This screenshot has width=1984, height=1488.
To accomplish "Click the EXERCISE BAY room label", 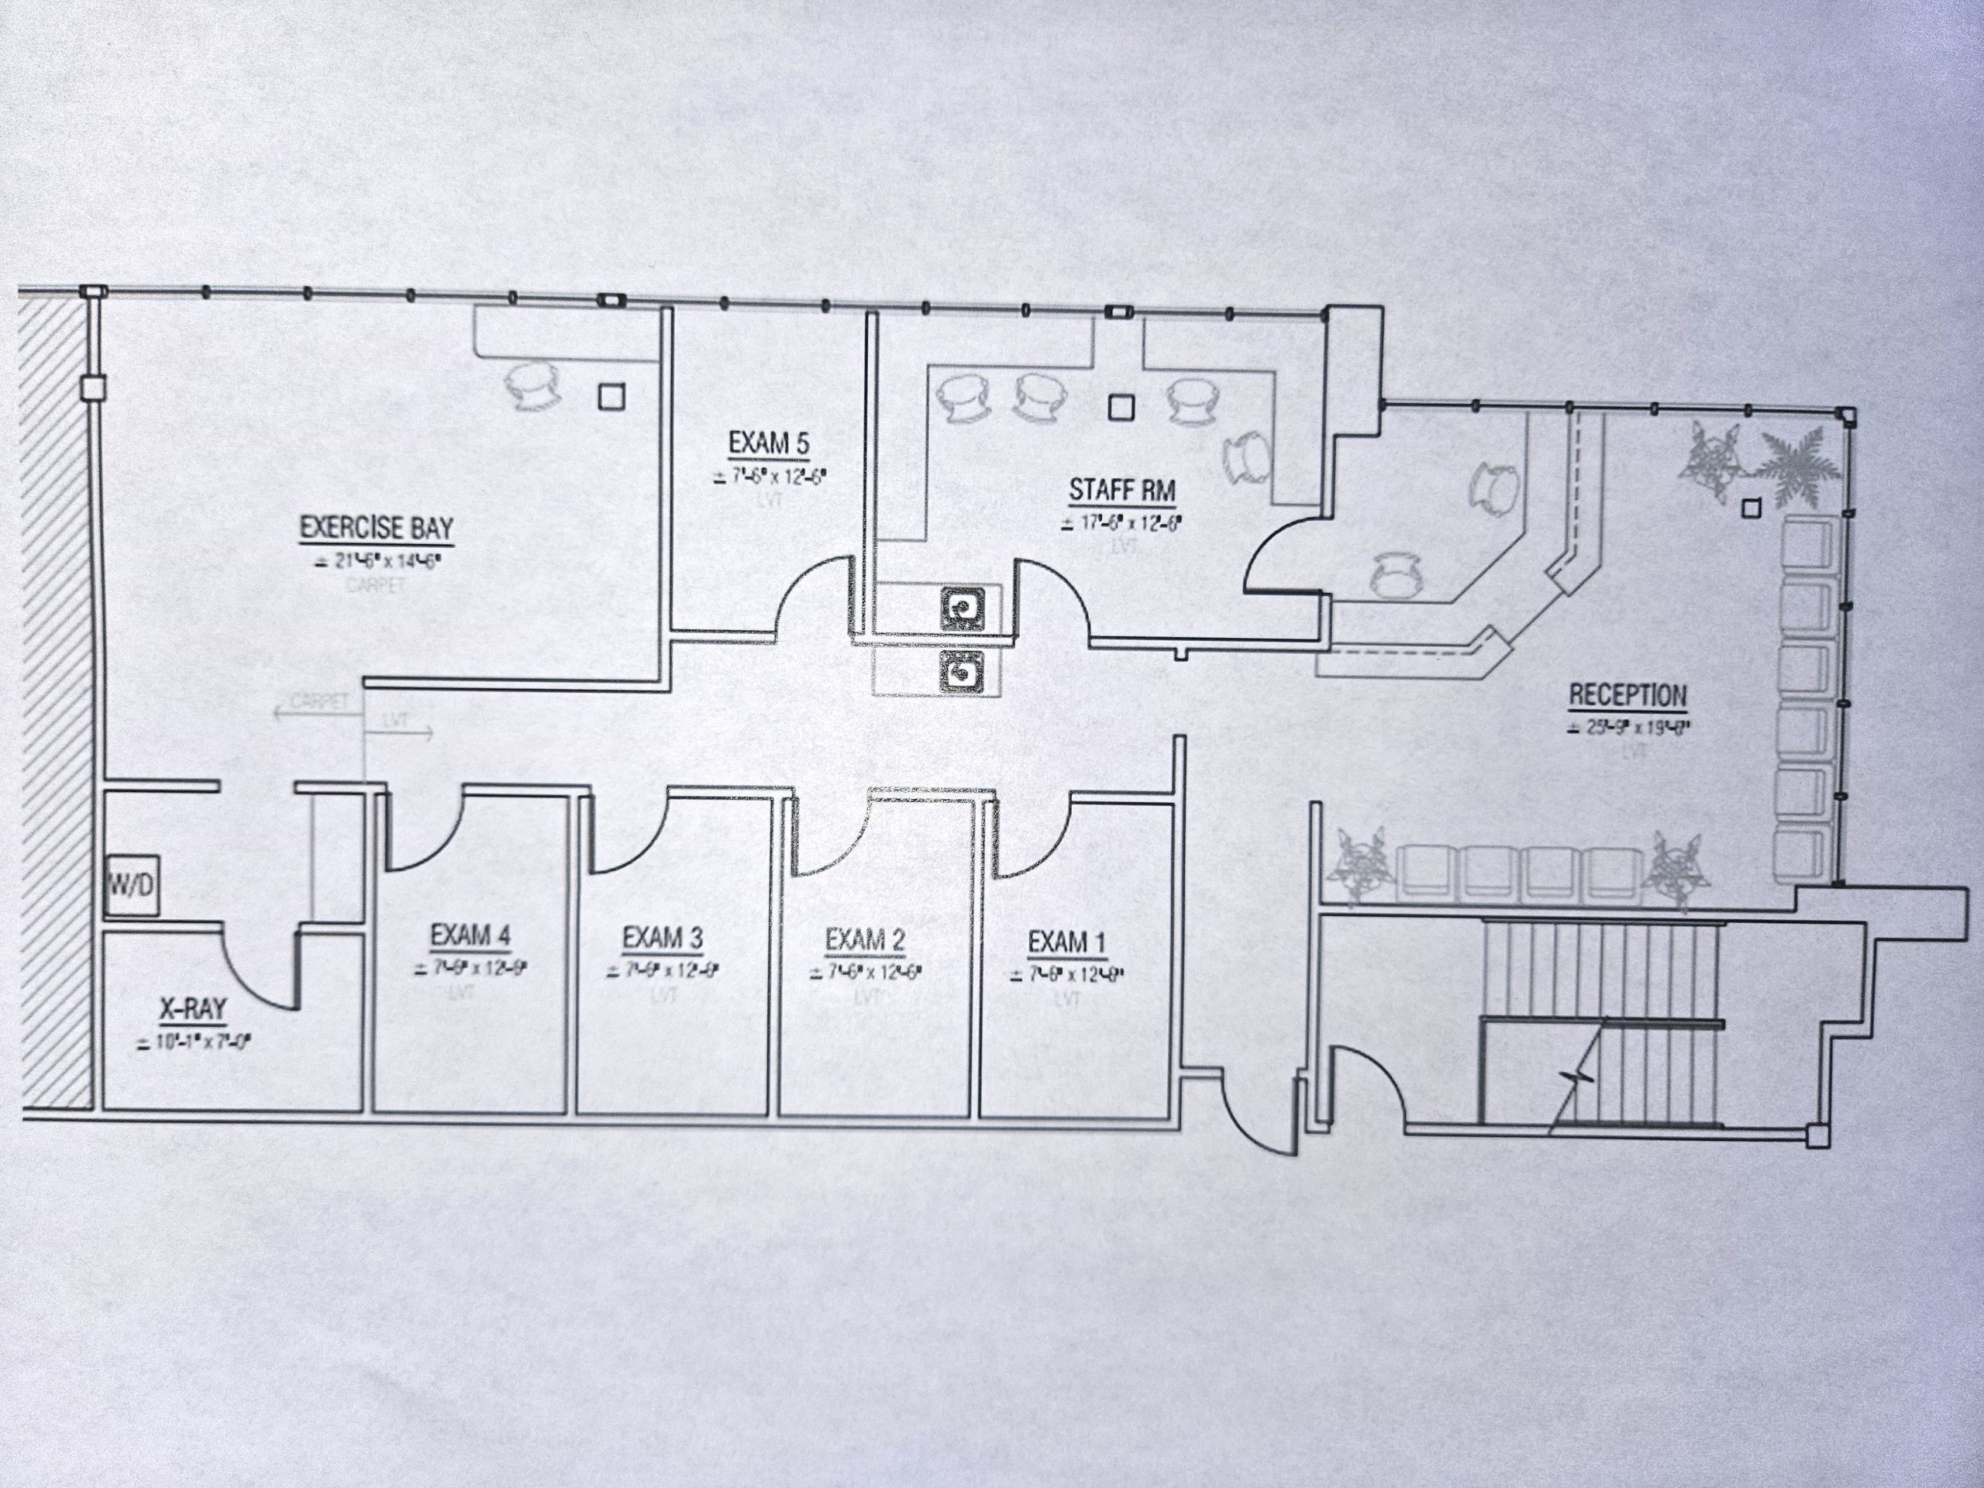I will [x=377, y=528].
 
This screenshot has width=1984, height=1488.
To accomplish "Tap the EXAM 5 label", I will [x=769, y=443].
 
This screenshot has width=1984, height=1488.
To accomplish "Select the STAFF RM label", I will [x=1121, y=491].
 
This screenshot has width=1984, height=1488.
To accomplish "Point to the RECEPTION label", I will [x=1627, y=695].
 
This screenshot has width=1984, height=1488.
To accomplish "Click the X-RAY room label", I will [x=193, y=1011].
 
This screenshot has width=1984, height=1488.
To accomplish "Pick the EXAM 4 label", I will [x=470, y=936].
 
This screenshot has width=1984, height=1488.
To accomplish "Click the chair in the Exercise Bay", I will [x=536, y=387].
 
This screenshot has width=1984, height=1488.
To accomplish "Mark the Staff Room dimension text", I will [x=1122, y=523].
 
